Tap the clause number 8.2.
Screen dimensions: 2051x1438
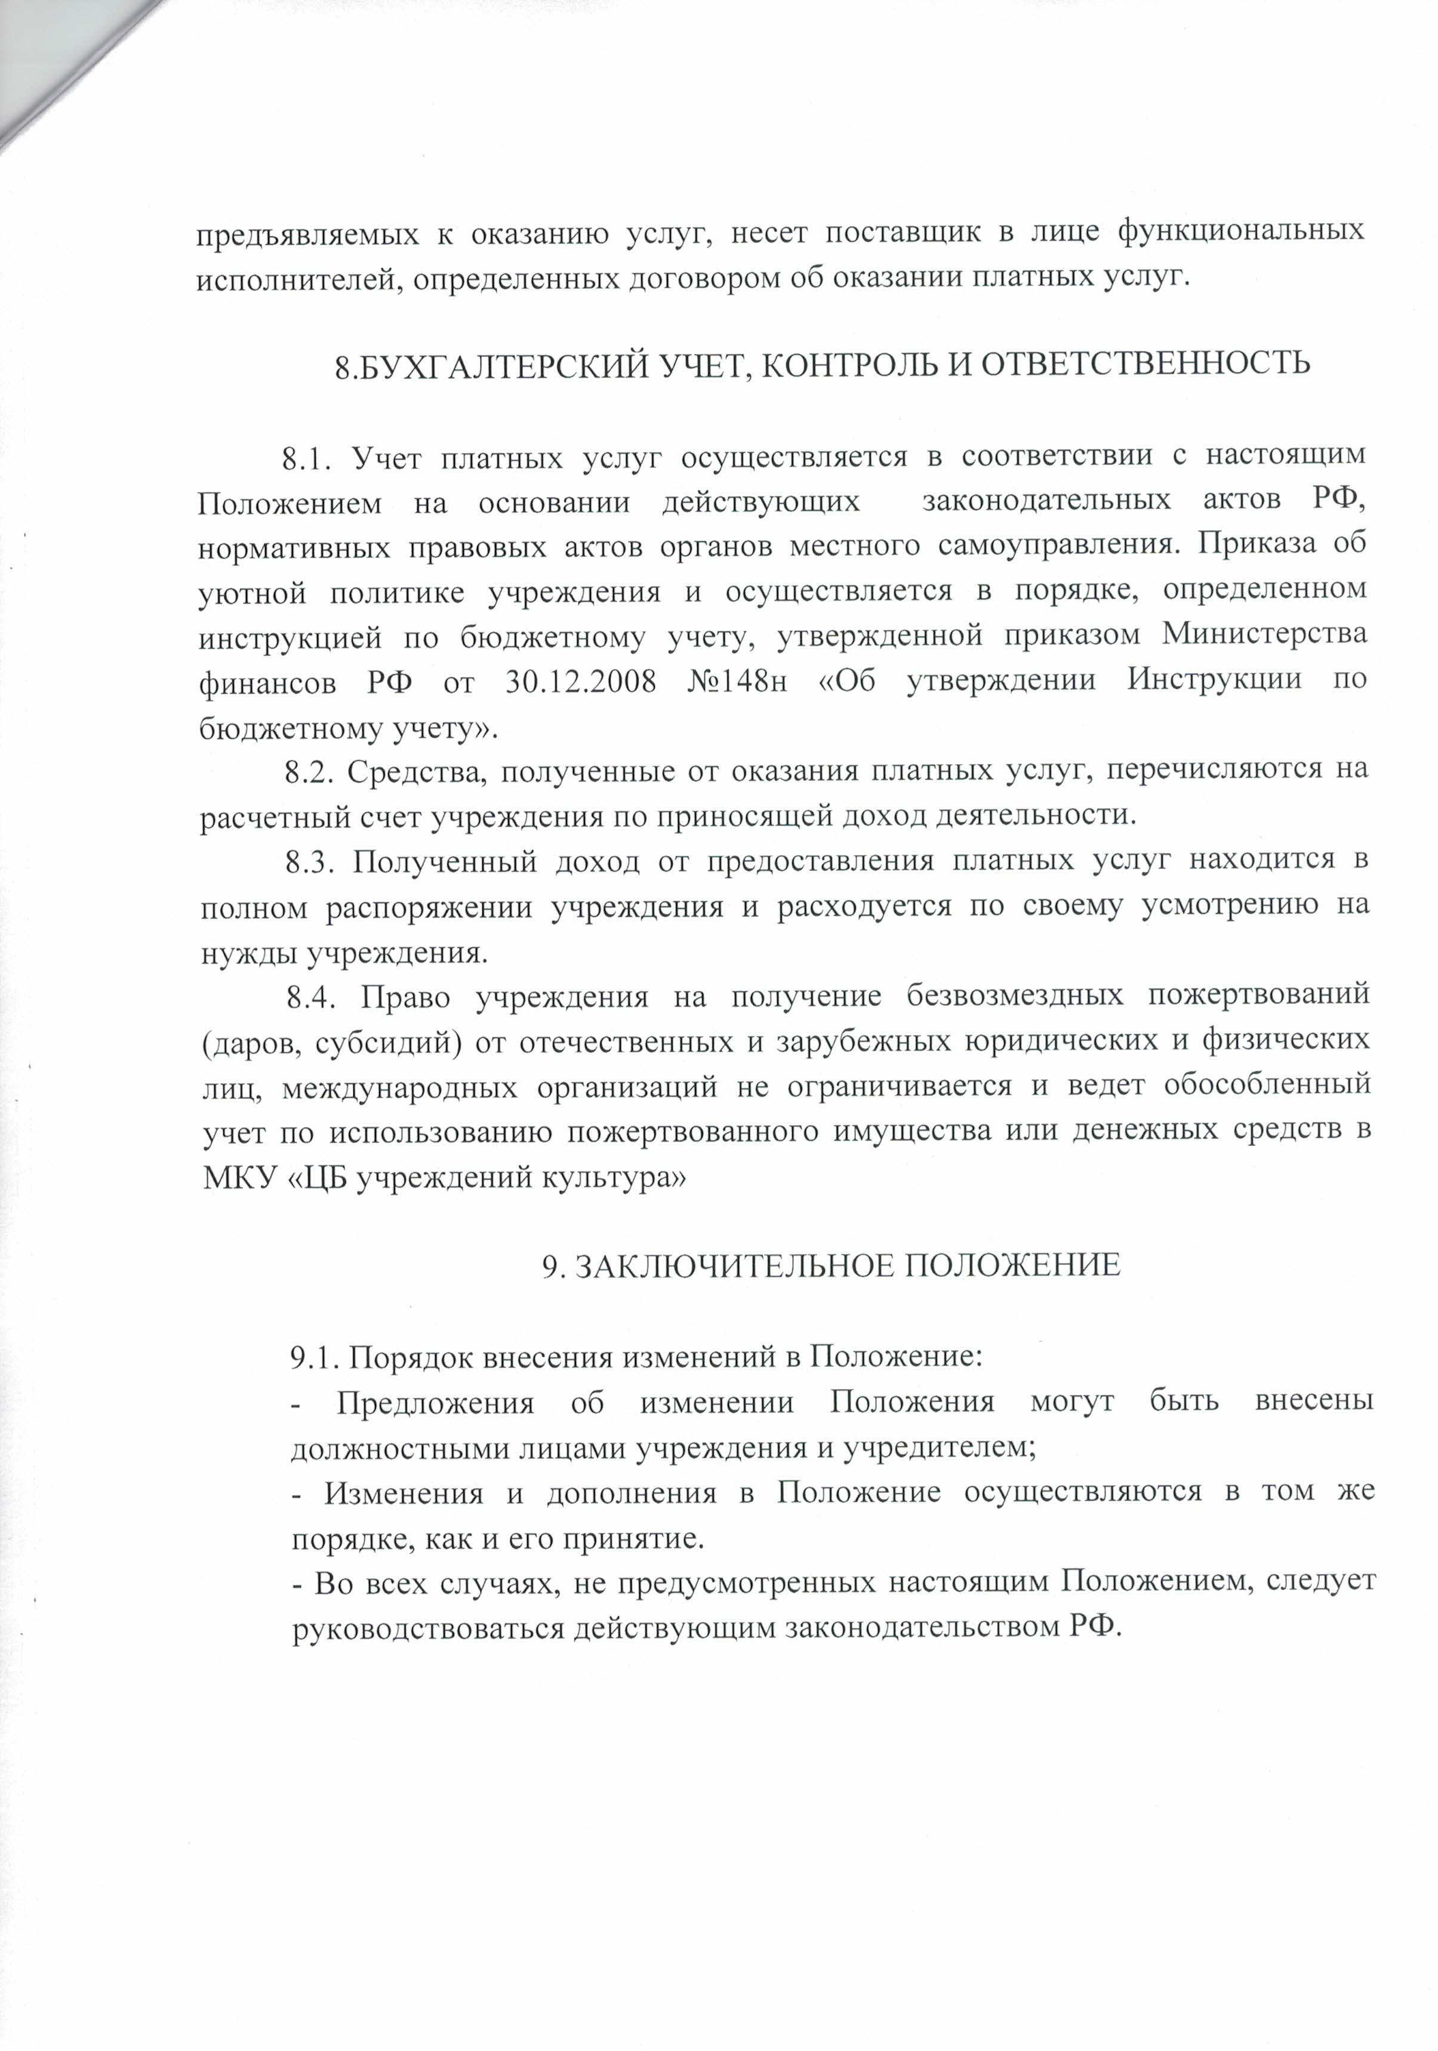(309, 771)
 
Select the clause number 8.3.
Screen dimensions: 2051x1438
(309, 861)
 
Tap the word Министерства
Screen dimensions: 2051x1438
(1264, 635)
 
